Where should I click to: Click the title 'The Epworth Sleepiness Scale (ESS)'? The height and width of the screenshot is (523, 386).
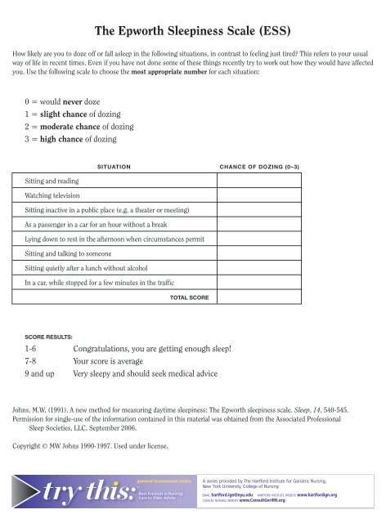tap(192, 33)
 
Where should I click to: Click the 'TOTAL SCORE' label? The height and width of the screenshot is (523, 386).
tap(188, 298)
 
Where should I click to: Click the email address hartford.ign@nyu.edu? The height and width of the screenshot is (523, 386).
tap(262, 495)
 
